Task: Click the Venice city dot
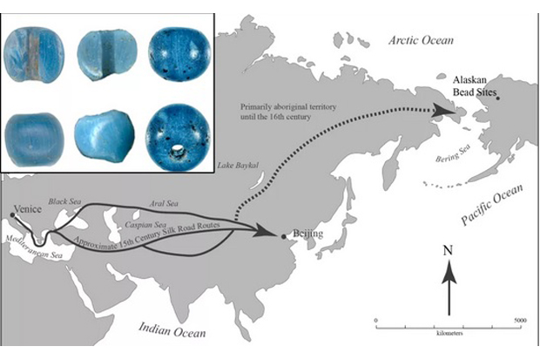point(12,214)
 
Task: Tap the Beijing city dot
point(283,236)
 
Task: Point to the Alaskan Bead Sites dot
point(497,98)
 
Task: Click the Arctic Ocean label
point(421,40)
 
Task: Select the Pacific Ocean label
point(492,205)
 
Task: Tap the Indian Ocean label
point(172,329)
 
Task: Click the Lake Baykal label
point(238,166)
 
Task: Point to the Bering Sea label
point(453,153)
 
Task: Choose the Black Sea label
point(64,201)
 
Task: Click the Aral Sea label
point(164,203)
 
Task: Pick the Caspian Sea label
point(145,225)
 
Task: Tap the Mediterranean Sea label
point(35,248)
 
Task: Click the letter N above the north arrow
point(448,250)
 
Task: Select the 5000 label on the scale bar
point(520,321)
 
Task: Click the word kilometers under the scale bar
point(449,333)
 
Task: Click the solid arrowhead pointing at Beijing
point(265,230)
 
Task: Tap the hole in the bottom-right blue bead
point(177,149)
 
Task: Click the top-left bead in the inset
point(34,55)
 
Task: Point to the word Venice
point(28,209)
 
